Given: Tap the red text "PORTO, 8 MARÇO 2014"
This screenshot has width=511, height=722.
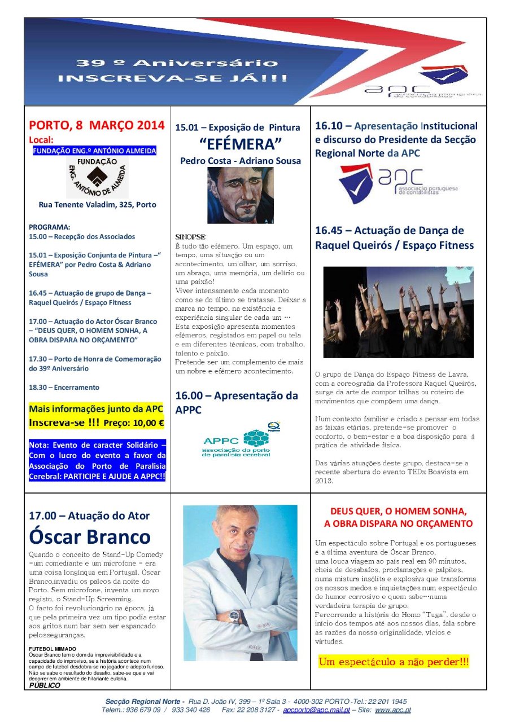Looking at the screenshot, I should click(x=97, y=125).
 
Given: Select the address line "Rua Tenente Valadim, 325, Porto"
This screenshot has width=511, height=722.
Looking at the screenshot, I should click(x=97, y=205).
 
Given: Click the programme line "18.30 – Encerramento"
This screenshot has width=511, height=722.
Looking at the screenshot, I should click(x=64, y=388).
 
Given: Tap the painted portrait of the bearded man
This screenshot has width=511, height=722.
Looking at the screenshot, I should click(x=241, y=195).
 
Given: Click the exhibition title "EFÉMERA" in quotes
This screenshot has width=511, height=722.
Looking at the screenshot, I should click(x=241, y=144).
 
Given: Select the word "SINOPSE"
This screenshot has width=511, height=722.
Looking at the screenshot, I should click(x=190, y=236).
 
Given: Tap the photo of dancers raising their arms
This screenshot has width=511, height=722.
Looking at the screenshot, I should click(x=398, y=312).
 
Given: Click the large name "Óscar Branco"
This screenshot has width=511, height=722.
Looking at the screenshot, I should click(x=90, y=536).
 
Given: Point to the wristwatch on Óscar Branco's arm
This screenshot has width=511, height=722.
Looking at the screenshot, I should click(x=234, y=616).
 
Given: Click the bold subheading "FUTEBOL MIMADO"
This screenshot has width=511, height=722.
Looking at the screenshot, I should click(x=53, y=649).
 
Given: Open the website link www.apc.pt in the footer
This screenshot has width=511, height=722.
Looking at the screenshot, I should click(x=392, y=710).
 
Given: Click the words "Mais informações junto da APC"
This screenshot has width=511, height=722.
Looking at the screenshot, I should click(x=96, y=408).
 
